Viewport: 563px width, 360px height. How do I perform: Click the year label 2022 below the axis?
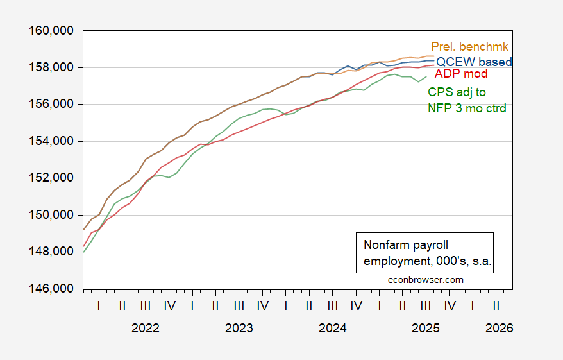[146, 328]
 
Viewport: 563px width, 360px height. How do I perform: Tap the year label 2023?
[239, 328]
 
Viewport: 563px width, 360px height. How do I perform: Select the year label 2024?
[333, 328]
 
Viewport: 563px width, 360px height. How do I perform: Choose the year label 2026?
[500, 328]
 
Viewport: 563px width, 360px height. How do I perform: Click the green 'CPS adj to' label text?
[457, 93]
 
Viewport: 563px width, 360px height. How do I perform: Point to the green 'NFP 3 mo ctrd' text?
[467, 108]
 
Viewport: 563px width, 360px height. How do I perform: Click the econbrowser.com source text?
[426, 280]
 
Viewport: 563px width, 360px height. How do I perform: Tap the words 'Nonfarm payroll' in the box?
[402, 245]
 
